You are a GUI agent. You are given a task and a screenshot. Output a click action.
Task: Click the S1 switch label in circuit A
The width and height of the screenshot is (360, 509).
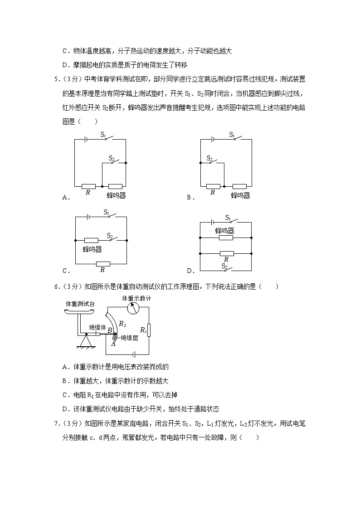(103, 135)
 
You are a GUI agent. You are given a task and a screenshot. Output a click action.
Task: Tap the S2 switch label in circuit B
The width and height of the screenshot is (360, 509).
(209, 158)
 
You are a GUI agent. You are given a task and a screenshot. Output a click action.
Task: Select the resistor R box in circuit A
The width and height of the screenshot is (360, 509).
(88, 186)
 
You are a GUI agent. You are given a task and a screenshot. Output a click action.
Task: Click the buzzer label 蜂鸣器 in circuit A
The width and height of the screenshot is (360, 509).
(116, 195)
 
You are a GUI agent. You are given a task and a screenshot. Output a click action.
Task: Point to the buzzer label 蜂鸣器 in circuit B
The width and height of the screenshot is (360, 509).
(240, 195)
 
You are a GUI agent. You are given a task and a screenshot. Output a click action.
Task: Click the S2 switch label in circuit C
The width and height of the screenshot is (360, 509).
(110, 236)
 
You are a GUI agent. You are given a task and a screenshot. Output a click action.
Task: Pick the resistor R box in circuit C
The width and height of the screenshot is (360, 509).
(103, 263)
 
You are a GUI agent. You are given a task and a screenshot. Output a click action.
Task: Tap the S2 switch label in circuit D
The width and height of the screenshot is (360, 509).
(224, 266)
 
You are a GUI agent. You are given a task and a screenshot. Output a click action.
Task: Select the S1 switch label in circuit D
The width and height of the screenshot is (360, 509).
(228, 218)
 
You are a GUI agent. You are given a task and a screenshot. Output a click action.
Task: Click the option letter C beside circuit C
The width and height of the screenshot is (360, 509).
(65, 271)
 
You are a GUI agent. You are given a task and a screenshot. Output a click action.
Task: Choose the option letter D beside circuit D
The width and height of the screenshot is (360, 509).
(189, 271)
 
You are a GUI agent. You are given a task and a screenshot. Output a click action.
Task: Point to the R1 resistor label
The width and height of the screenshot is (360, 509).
(143, 330)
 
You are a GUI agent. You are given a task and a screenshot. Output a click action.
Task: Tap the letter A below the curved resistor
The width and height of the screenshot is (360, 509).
(113, 344)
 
